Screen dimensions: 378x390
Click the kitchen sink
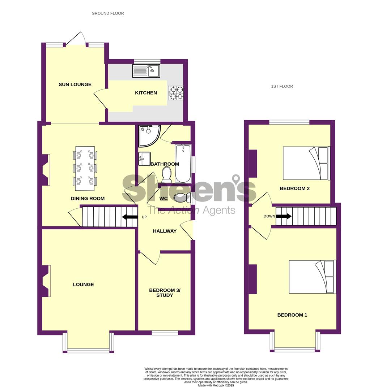(146, 71)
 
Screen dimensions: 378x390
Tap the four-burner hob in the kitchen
(176, 93)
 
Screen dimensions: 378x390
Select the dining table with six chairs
(85, 169)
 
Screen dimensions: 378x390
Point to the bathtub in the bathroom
(183, 164)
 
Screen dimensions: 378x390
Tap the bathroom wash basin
(145, 159)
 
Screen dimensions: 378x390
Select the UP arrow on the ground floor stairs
(130, 217)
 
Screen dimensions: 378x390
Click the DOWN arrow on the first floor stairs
(284, 216)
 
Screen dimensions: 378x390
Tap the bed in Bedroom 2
(306, 163)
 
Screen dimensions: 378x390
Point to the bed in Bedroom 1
(313, 277)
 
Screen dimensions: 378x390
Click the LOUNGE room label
(83, 284)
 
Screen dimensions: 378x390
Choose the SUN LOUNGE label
(75, 84)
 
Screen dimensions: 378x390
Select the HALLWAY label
(165, 231)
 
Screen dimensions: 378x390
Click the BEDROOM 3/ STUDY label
(165, 293)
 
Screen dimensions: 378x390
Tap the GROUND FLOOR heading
(108, 13)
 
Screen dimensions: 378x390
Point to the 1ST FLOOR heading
(282, 86)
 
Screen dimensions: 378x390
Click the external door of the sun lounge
(76, 39)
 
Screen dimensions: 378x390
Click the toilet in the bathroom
(166, 174)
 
